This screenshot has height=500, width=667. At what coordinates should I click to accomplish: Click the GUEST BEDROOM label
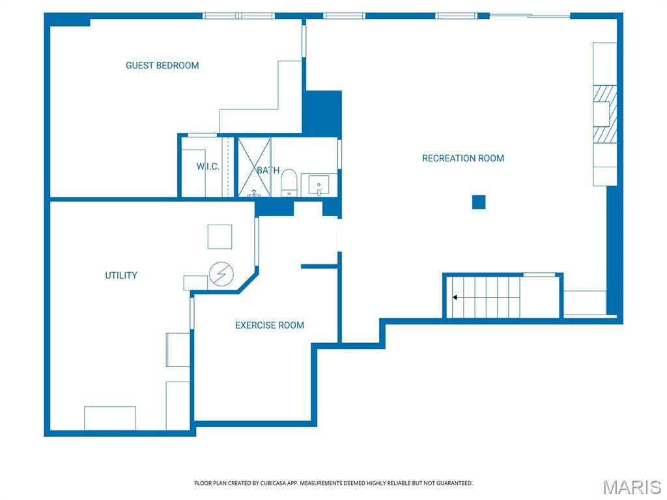click(162, 65)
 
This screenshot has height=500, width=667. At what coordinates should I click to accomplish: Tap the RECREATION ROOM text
click(462, 158)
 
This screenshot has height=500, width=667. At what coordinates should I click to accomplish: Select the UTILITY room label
click(121, 275)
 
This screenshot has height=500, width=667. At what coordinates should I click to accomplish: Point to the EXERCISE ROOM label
click(269, 325)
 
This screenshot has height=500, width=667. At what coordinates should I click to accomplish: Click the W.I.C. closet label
click(208, 167)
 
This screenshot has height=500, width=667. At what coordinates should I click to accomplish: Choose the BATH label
click(268, 171)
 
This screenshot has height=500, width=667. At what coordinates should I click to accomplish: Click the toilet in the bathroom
click(289, 183)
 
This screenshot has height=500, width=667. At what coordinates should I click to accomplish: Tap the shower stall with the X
click(254, 167)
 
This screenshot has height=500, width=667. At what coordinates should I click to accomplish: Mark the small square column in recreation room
click(479, 202)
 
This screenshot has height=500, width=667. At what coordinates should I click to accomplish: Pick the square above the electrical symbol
click(220, 236)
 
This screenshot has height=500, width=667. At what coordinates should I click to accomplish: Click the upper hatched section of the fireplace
click(604, 93)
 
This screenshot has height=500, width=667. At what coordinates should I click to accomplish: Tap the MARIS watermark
click(631, 487)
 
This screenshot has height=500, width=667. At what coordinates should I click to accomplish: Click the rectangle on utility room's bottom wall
click(109, 418)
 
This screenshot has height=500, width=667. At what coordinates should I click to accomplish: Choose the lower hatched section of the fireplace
click(604, 134)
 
